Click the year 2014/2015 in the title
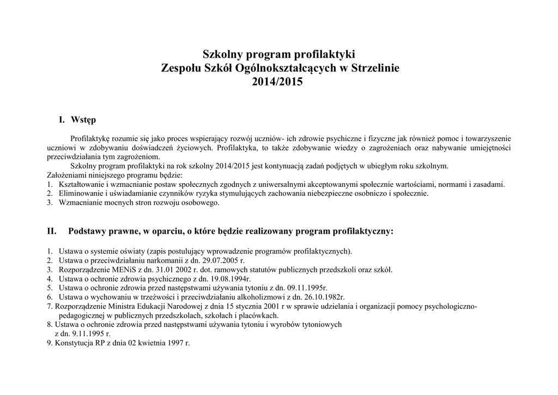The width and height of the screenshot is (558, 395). pos(278,82)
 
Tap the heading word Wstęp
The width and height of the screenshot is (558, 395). pos(83,119)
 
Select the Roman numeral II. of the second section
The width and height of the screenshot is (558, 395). pos(52,231)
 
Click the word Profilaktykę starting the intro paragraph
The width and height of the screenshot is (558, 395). pos(90,139)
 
